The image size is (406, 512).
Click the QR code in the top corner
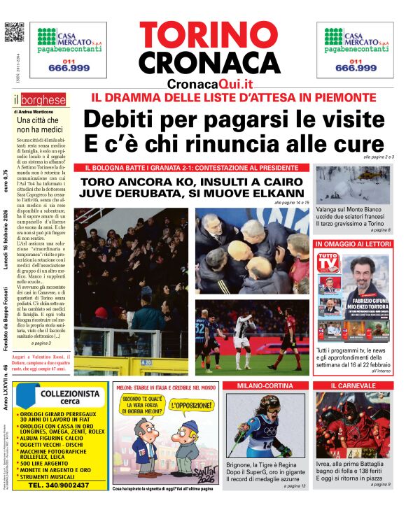tap(14, 32)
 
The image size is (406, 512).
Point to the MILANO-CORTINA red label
tap(265, 385)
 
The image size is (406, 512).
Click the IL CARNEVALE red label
tap(353, 385)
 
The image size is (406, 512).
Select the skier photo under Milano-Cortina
tap(265, 425)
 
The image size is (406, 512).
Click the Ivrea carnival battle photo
tap(353, 425)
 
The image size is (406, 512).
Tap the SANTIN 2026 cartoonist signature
tap(202, 462)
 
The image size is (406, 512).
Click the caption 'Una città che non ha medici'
tap(39, 125)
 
